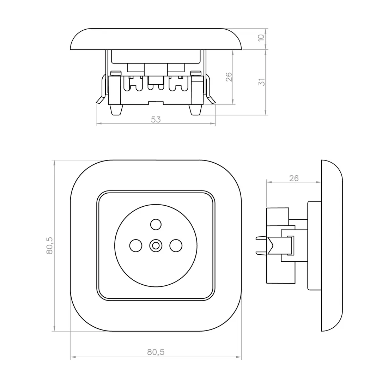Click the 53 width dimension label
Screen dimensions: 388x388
[156, 120]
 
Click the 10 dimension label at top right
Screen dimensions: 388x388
[261, 38]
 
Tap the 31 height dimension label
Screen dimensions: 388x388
[262, 82]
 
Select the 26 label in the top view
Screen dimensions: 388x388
[229, 77]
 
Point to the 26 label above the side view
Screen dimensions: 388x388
[294, 178]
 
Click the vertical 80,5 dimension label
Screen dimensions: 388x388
[49, 245]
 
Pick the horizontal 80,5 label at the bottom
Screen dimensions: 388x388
[156, 352]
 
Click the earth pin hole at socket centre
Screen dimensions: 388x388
[156, 245]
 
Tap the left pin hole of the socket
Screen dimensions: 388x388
[136, 245]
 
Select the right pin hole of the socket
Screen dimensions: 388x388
[176, 245]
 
